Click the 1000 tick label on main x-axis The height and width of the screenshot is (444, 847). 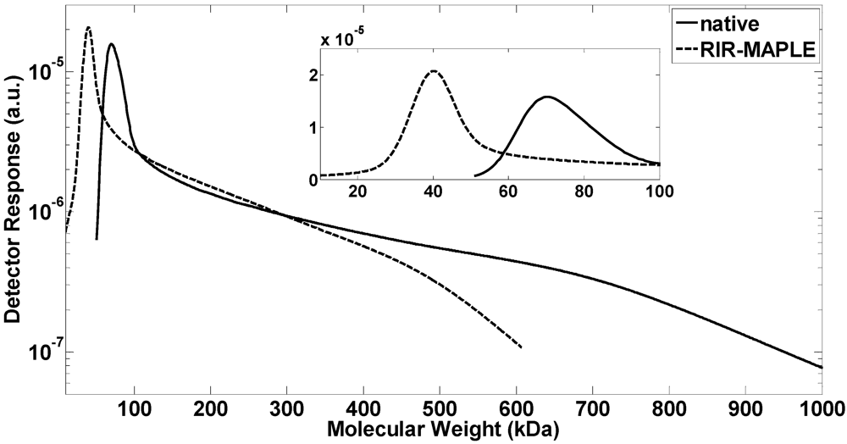(x=820, y=411)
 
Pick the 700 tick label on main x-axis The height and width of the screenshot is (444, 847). (x=593, y=411)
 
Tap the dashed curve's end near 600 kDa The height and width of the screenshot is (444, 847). (x=521, y=347)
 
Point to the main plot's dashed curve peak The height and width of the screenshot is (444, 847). (x=88, y=27)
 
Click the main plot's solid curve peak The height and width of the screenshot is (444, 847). (x=111, y=45)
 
